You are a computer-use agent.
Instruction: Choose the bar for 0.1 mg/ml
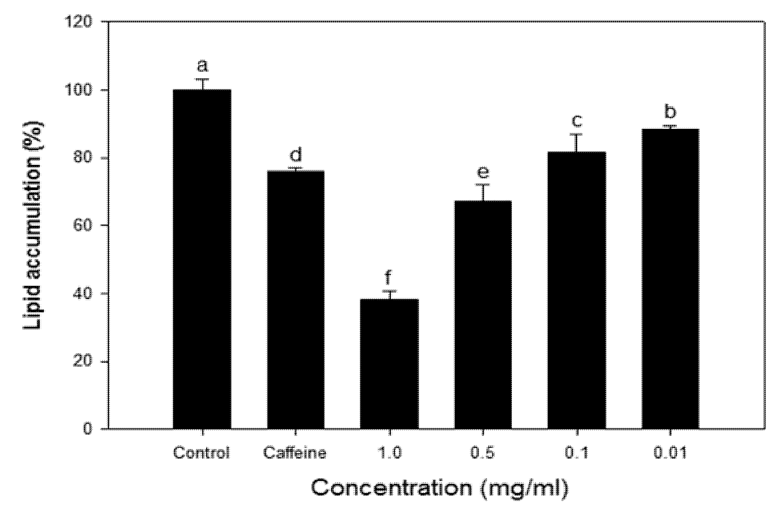tap(576, 290)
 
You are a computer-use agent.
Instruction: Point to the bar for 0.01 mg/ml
tap(670, 279)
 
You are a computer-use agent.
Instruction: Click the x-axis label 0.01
tap(670, 453)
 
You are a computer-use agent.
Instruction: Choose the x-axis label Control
tap(201, 453)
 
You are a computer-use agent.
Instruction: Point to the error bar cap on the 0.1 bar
tap(576, 134)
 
